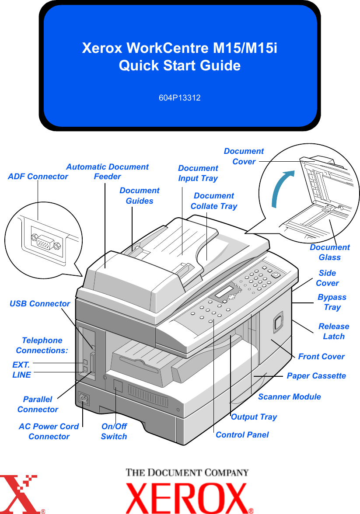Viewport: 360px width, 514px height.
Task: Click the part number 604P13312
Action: click(x=179, y=98)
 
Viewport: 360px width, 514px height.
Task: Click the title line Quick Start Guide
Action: click(x=179, y=66)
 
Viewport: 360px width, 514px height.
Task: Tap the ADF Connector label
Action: click(x=38, y=177)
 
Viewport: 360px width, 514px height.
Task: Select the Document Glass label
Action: click(x=330, y=252)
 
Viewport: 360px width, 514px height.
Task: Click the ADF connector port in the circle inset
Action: click(x=44, y=242)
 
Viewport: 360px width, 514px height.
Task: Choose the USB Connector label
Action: click(x=40, y=303)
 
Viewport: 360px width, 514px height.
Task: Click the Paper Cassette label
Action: click(x=316, y=375)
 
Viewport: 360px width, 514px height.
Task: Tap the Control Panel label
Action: click(x=242, y=434)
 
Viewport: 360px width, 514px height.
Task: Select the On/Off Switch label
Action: click(x=114, y=431)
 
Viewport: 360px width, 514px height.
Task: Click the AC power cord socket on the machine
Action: click(x=83, y=399)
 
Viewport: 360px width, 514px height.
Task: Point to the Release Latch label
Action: click(x=334, y=331)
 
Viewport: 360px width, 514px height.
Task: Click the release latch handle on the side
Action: click(x=278, y=322)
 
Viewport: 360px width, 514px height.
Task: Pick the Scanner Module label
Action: click(x=289, y=396)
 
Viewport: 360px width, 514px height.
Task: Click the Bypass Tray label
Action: click(x=332, y=302)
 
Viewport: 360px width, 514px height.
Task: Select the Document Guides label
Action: click(x=140, y=195)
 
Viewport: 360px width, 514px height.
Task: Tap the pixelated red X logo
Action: click(x=22, y=494)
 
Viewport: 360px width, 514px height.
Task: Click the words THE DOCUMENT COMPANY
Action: click(x=188, y=472)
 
